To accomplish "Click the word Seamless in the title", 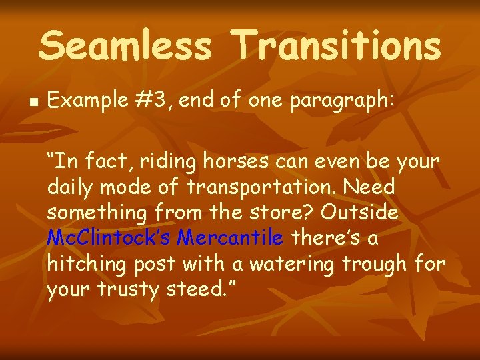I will coord(125,47).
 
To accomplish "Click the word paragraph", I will coord(348,101).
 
